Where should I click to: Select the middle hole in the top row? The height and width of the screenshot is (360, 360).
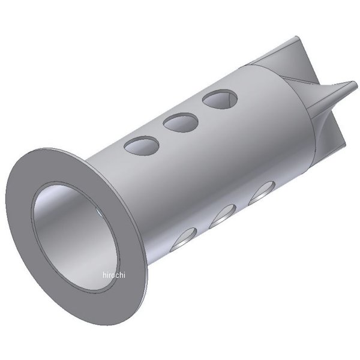click(x=182, y=123)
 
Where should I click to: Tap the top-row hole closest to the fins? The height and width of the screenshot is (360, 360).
click(x=219, y=100)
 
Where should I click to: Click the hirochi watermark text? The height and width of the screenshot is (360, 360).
click(x=114, y=275)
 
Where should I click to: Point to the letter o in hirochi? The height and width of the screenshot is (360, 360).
click(x=116, y=275)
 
